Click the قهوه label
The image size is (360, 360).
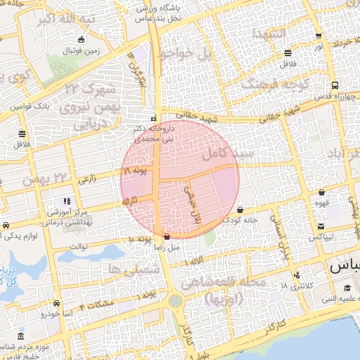[x=321, y=202]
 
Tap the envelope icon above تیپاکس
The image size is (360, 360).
[x=321, y=226]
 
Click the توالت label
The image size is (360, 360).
[x=79, y=247]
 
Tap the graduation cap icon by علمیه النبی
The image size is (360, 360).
[x=347, y=288]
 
